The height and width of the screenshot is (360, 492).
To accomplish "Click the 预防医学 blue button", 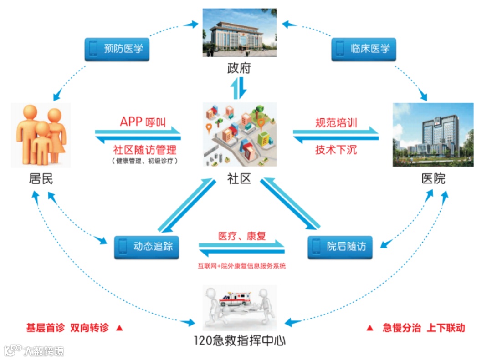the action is click(117, 48).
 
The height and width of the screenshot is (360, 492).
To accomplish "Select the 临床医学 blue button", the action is click(363, 48).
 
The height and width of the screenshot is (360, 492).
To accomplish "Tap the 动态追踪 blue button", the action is click(146, 247).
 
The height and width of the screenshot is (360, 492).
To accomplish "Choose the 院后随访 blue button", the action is click(339, 247).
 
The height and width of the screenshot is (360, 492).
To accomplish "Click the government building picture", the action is click(239, 32).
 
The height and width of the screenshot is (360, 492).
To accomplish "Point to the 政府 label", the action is click(239, 69).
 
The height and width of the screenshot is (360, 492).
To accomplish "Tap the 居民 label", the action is click(41, 179).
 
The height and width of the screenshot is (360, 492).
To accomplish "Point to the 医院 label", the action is click(433, 179).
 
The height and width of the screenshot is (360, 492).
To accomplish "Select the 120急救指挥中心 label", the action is click(240, 340).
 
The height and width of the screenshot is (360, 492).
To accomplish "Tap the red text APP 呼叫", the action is click(143, 122).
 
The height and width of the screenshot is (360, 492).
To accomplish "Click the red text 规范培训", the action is click(336, 122).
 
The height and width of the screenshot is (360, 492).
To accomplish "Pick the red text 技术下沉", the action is click(336, 150).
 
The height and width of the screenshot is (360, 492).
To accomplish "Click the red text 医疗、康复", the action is click(242, 236).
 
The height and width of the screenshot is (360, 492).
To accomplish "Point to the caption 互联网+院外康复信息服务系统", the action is click(242, 266).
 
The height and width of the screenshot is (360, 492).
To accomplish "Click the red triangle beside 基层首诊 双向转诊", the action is click(120, 328).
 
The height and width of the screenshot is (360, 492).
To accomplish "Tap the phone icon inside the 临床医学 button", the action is click(339, 48).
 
